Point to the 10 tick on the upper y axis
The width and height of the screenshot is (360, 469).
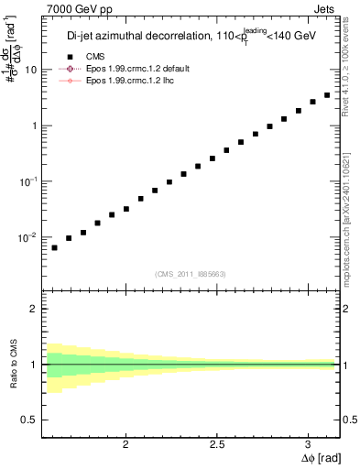tap(31, 70)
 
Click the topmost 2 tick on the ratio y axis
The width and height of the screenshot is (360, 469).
tap(33, 309)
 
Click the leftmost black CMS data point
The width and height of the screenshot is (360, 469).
tap(54, 247)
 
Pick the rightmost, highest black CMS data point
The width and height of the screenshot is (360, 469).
tap(327, 95)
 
